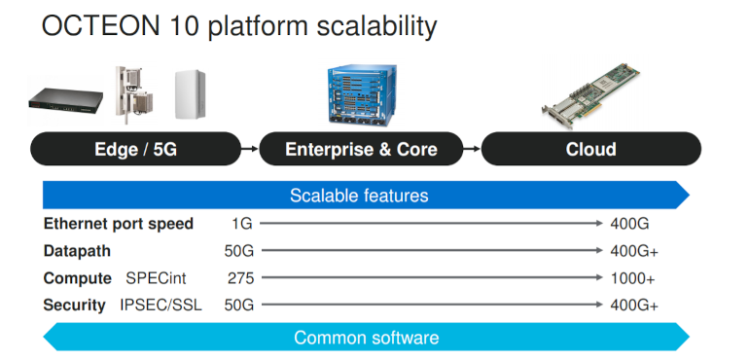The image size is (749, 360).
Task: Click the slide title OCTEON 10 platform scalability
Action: coord(238,26)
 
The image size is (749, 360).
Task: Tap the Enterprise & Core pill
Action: coord(361,149)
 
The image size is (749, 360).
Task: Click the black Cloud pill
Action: coord(590,149)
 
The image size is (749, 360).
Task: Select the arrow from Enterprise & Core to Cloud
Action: coord(472,149)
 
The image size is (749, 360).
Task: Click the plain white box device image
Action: coord(193,95)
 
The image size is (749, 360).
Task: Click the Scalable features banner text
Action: coord(359,196)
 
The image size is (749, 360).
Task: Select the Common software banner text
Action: coord(366,338)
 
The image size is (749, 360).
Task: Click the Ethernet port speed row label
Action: coord(118,224)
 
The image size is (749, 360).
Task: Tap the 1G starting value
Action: coord(242,224)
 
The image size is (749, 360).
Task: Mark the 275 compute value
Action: coord(240,278)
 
